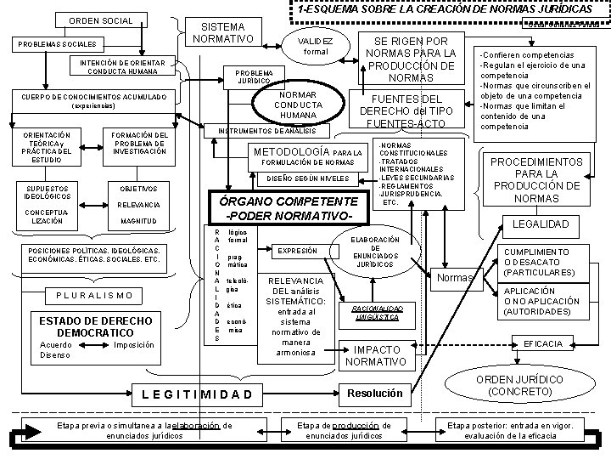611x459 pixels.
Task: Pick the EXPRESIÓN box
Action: (297, 251)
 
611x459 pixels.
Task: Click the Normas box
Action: (452, 277)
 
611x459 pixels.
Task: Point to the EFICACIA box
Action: (543, 343)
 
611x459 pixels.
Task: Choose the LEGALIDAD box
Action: (547, 224)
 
